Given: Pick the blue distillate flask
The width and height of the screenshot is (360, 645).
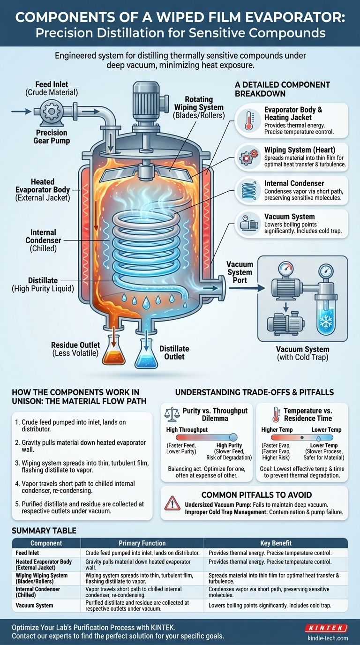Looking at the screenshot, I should point(146,355).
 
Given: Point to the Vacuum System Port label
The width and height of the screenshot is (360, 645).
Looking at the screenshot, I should point(240,272).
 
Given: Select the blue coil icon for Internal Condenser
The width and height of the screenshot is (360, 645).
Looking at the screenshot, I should point(247,190).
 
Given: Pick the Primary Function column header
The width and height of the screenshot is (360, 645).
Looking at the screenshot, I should point(142,543).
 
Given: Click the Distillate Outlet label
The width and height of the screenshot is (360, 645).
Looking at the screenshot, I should point(174,352).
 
